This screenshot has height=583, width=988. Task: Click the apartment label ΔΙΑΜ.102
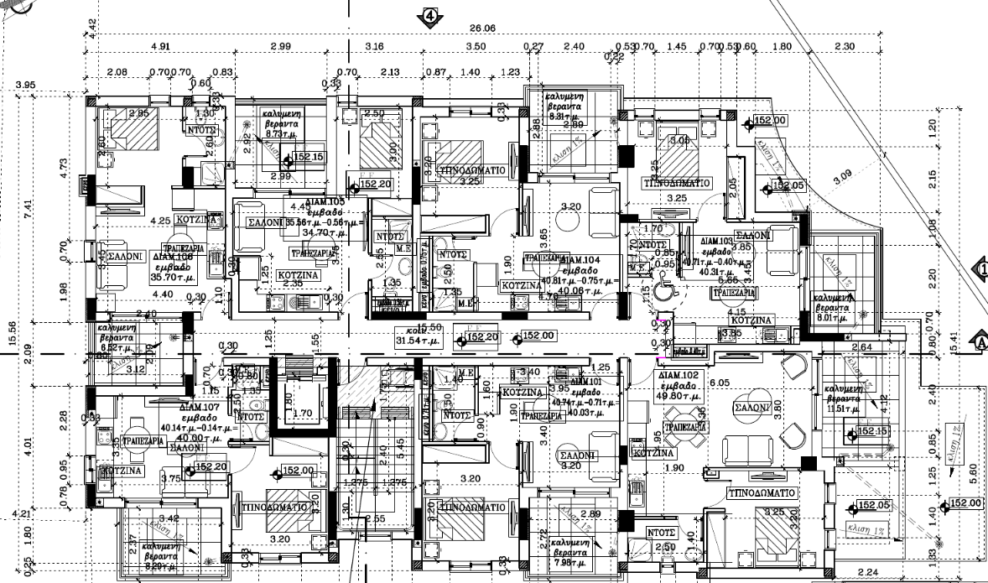679,376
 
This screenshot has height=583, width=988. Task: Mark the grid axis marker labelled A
978,341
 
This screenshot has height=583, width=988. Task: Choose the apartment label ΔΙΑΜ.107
198,406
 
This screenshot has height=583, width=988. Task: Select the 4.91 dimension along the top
159,46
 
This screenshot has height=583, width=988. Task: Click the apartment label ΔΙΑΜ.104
580,259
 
